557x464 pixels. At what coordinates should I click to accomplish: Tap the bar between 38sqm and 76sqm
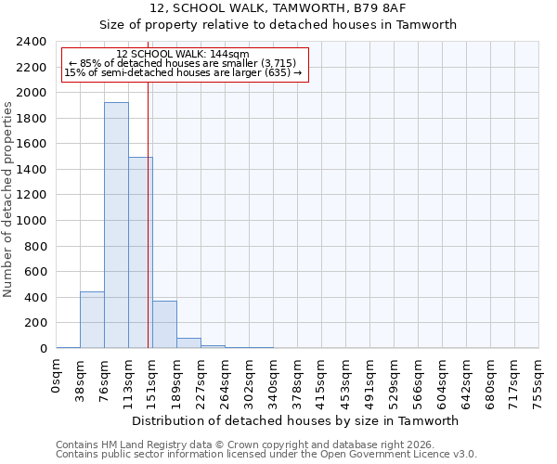92,320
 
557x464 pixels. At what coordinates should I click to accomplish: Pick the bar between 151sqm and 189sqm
164,325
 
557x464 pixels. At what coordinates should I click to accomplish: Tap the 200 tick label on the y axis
36,324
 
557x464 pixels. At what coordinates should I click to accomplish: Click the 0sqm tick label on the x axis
58,373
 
